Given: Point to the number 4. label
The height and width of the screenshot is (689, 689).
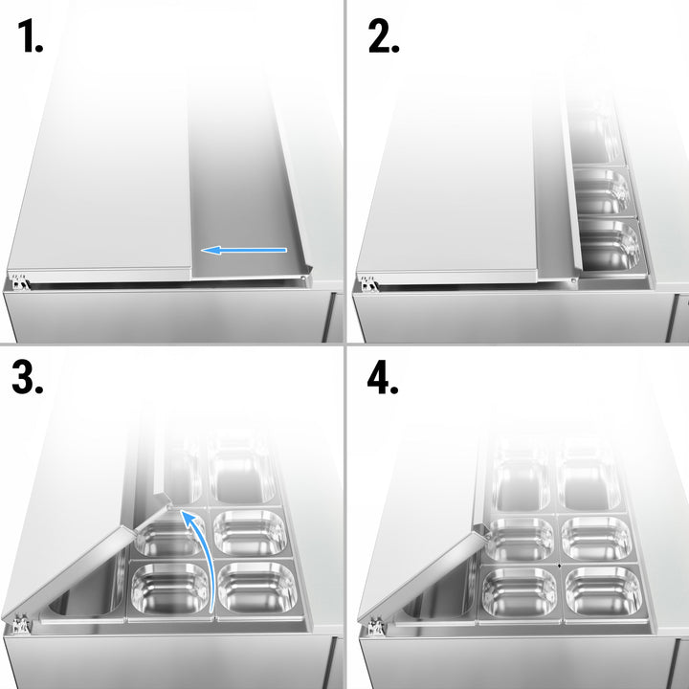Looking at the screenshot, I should (384, 378).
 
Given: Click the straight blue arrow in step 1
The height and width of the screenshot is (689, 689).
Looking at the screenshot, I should (244, 251).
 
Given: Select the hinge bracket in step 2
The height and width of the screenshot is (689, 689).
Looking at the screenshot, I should (368, 282).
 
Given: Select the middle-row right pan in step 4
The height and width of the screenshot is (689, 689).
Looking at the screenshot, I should (595, 538).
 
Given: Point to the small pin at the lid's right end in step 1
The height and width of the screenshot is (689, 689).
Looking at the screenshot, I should (304, 278).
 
